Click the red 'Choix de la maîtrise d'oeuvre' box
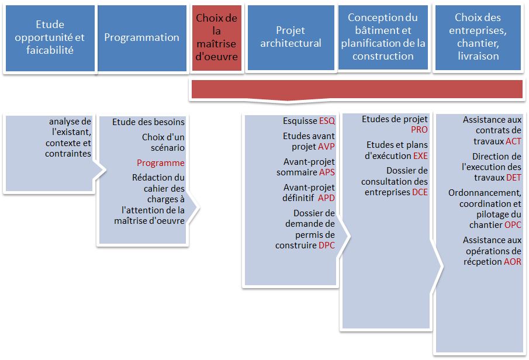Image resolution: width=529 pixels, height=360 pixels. [217, 38]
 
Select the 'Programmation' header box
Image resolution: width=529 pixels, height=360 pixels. [141, 38]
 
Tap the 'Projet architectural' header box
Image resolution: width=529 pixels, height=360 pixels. [291, 38]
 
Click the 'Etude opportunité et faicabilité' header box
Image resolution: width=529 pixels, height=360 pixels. [50, 38]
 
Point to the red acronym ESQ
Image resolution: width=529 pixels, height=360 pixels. [327, 121]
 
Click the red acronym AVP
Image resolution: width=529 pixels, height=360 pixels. [327, 147]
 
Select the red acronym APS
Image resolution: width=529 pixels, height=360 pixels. [327, 172]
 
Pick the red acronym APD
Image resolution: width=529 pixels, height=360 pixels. [326, 198]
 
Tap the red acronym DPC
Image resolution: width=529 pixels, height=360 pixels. [327, 245]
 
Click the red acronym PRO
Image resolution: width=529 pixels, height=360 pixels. [419, 130]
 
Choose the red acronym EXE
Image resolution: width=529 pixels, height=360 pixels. [420, 156]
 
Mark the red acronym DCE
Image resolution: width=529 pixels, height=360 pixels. [420, 192]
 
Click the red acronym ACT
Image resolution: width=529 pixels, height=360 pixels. [513, 141]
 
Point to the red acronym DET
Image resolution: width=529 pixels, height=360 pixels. [514, 178]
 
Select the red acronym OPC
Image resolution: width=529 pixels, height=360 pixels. [513, 225]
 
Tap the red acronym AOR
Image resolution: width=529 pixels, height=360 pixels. [513, 262]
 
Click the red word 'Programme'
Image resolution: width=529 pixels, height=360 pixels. [161, 163]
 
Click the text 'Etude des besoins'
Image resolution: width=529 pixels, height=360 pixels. [148, 122]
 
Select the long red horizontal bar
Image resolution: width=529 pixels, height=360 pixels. [357, 89]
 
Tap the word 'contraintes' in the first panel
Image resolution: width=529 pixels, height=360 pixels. [68, 154]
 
